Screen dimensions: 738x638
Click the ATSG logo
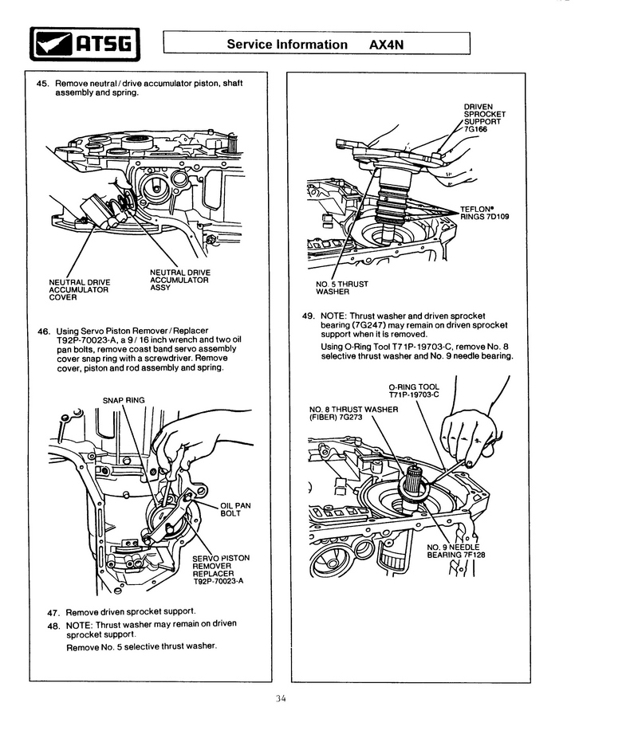84,45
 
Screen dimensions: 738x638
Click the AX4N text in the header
387,45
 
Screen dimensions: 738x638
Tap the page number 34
280,699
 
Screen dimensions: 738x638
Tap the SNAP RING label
123,400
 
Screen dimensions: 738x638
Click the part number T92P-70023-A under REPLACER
217,581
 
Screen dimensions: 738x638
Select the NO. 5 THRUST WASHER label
343,287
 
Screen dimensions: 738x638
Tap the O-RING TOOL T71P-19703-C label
414,391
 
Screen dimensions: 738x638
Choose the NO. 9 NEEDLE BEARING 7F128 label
454,551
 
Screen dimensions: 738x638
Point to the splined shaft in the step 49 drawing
415,483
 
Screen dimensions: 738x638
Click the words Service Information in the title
287,45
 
